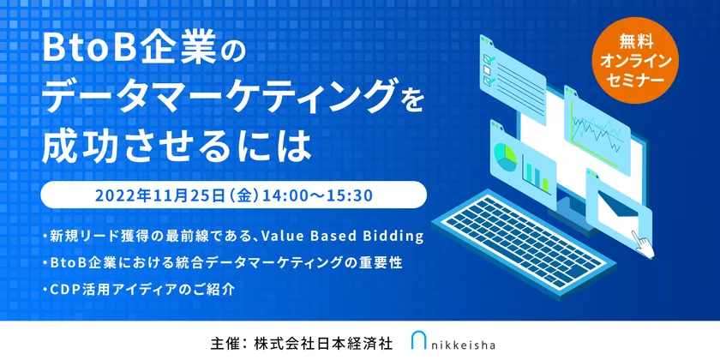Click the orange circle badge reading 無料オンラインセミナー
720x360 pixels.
636,60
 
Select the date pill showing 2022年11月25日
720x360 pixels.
234,195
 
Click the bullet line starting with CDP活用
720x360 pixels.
138,290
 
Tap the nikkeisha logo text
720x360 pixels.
463,344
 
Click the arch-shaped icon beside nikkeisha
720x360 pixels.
419,341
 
